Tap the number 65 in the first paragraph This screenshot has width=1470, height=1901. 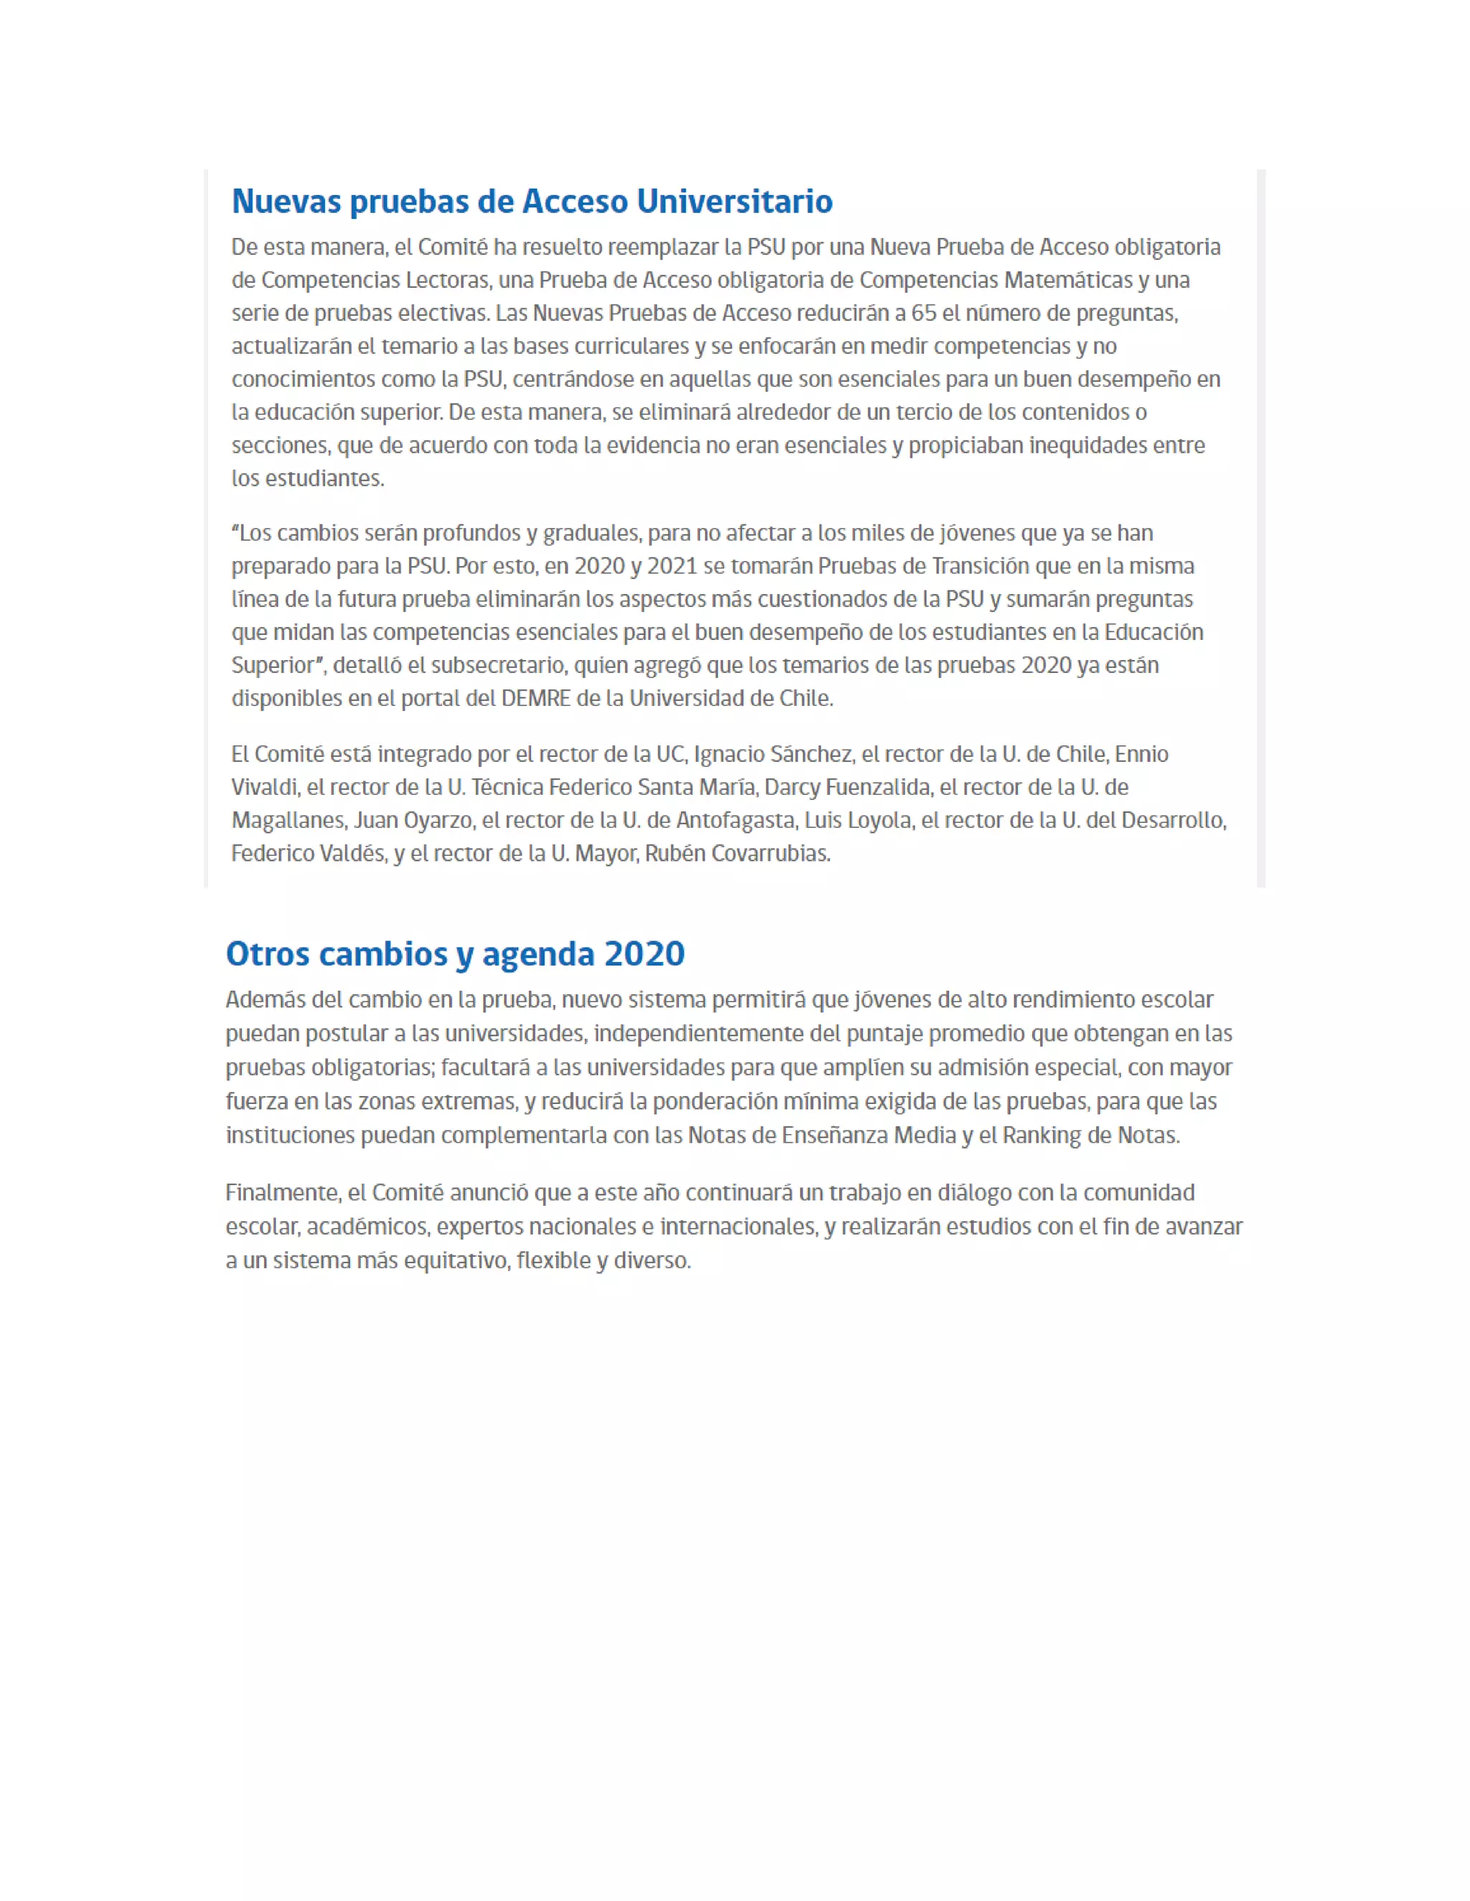(923, 313)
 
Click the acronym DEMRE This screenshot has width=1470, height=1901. (535, 699)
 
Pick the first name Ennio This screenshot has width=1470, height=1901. (1142, 754)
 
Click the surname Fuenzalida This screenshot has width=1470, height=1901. (878, 788)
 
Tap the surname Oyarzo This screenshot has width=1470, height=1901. (439, 821)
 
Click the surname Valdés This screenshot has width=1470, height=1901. (352, 854)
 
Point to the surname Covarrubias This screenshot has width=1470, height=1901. (770, 854)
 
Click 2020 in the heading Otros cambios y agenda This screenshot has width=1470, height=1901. (645, 954)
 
